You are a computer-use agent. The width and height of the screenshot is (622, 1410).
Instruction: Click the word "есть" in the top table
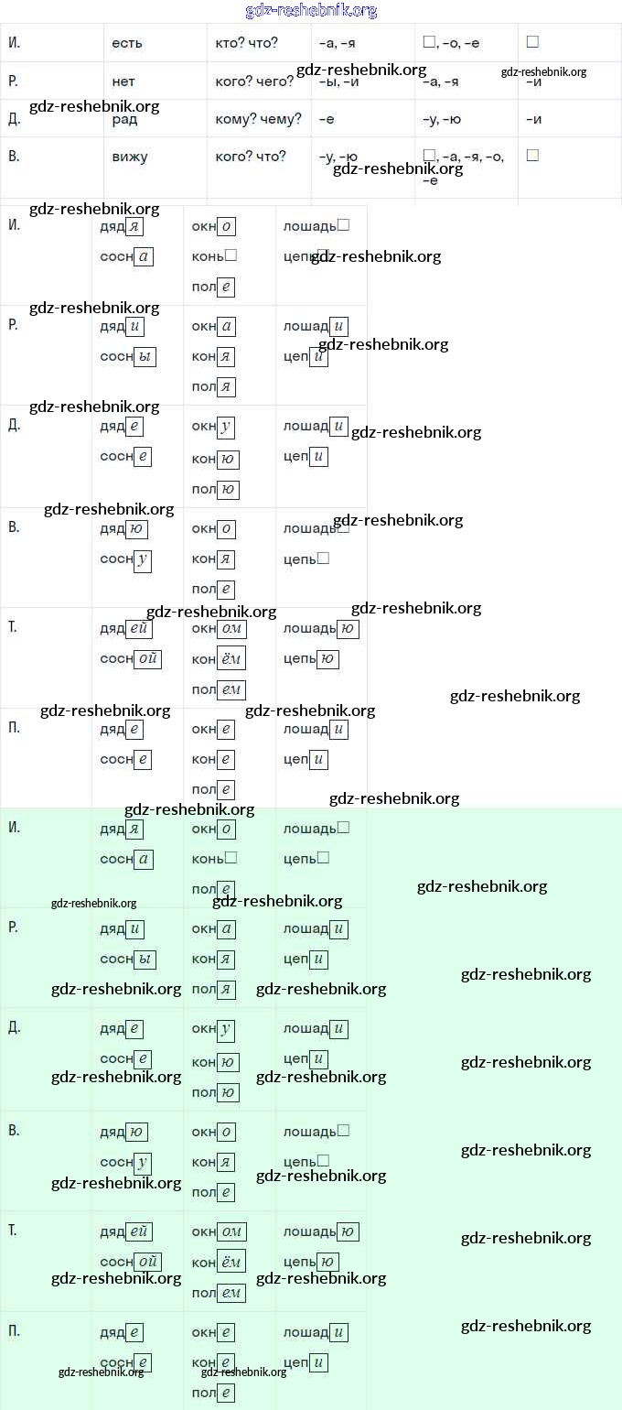(x=127, y=43)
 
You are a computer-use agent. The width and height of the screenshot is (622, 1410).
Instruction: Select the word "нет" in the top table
(x=123, y=81)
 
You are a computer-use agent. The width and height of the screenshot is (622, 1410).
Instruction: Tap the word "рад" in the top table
(x=125, y=119)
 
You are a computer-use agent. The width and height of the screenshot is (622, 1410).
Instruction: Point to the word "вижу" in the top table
(x=130, y=157)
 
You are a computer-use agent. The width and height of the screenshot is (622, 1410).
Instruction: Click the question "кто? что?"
(x=247, y=43)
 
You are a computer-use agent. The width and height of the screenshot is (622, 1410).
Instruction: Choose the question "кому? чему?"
(x=259, y=119)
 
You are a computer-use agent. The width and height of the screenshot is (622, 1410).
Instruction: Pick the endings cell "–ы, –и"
(x=338, y=81)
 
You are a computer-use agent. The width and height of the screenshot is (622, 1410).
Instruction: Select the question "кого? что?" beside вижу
(x=251, y=157)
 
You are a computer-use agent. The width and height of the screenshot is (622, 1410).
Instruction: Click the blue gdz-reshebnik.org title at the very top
(x=311, y=10)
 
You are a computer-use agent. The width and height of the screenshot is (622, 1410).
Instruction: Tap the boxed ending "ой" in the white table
(x=147, y=658)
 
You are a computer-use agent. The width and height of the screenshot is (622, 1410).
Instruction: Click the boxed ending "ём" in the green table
(x=231, y=1262)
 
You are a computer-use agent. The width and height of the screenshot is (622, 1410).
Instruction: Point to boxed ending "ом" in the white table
(x=232, y=629)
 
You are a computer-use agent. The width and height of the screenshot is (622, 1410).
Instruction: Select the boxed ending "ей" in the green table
(x=139, y=1231)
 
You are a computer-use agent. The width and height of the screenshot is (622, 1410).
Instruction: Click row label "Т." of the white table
(x=12, y=627)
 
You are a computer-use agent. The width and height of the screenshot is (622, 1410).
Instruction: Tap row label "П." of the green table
(x=13, y=1330)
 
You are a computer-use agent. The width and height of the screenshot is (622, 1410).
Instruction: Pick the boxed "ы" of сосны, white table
(x=145, y=356)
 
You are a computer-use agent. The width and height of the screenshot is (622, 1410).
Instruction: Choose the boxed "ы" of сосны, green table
(x=145, y=960)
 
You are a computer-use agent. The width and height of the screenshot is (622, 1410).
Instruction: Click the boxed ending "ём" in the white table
(x=231, y=658)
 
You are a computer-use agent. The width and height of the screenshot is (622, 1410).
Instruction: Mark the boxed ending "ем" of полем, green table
(x=231, y=1292)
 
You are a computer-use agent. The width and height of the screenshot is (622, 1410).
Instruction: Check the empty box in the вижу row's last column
(x=532, y=156)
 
